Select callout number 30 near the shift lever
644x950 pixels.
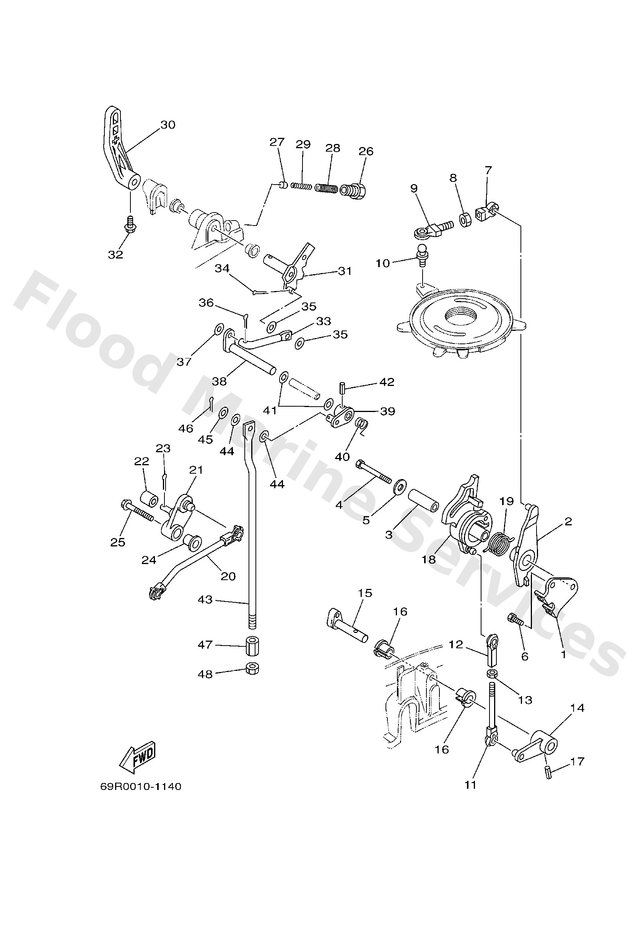[168, 125]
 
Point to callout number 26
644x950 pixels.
[366, 151]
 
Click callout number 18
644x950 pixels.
[429, 559]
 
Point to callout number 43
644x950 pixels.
[205, 600]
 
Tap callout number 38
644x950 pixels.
[219, 381]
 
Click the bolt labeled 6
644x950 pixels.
[516, 620]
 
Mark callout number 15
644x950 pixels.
[365, 593]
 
